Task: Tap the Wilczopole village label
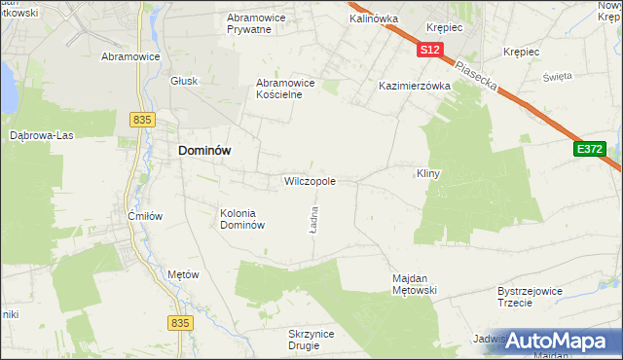310,181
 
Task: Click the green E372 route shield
589,149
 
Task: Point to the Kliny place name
428,173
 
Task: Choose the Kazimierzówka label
415,86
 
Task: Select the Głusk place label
184,81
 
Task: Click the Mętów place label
183,274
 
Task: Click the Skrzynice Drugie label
311,340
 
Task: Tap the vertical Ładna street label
313,220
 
